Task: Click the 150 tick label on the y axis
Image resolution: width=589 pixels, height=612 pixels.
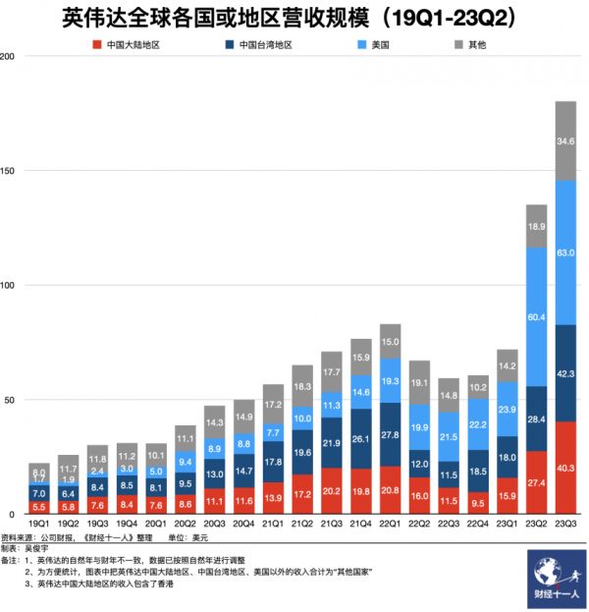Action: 9,171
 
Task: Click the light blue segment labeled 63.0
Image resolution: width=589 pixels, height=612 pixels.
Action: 565,252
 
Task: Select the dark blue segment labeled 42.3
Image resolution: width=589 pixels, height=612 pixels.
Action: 565,373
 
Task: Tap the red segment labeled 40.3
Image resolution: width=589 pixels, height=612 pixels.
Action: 565,468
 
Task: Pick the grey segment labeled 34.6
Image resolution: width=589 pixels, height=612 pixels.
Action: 565,141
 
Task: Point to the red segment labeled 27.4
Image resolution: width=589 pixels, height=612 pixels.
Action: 537,482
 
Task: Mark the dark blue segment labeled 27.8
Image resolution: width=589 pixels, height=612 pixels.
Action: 390,434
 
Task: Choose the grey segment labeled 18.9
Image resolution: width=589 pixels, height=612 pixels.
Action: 537,226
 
